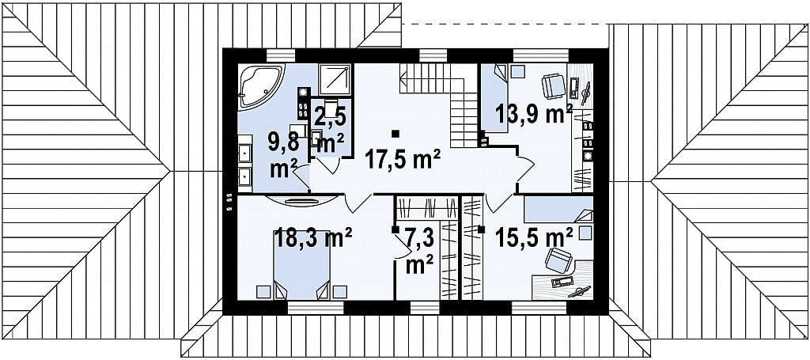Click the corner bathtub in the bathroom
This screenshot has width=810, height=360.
pyautogui.click(x=259, y=84)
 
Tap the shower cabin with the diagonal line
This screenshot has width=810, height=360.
pyautogui.click(x=335, y=80)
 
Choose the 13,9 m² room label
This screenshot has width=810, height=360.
pyautogui.click(x=534, y=114)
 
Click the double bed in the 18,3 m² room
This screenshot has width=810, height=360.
pyautogui.click(x=301, y=264)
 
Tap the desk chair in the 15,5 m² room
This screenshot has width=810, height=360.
pyautogui.click(x=558, y=260)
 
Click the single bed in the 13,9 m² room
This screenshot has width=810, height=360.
pyautogui.click(x=495, y=97)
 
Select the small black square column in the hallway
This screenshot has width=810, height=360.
pyautogui.click(x=396, y=134)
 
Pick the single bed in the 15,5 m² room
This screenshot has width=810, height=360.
pyautogui.click(x=558, y=209)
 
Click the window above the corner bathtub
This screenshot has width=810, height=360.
pyautogui.click(x=281, y=55)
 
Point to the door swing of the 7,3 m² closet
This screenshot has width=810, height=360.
pyautogui.click(x=403, y=245)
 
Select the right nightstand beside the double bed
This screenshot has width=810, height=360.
pyautogui.click(x=340, y=291)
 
